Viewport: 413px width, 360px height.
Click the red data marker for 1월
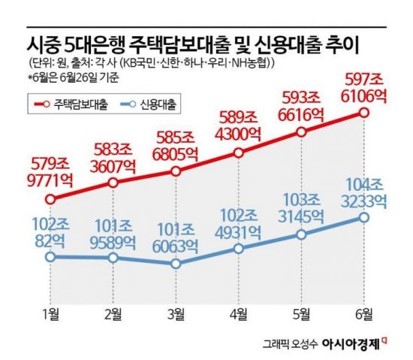(x=50, y=199)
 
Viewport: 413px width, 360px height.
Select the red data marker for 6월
(x=363, y=113)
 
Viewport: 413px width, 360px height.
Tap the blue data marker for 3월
(x=176, y=264)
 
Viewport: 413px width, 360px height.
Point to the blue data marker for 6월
(x=363, y=217)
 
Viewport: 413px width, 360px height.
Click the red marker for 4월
(x=238, y=153)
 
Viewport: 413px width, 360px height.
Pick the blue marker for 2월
(x=113, y=257)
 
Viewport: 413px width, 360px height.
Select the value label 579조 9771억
(x=50, y=171)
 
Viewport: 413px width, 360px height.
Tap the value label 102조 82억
(x=50, y=230)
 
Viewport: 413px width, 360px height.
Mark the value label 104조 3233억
(x=365, y=191)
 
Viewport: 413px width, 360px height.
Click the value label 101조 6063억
(x=176, y=236)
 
